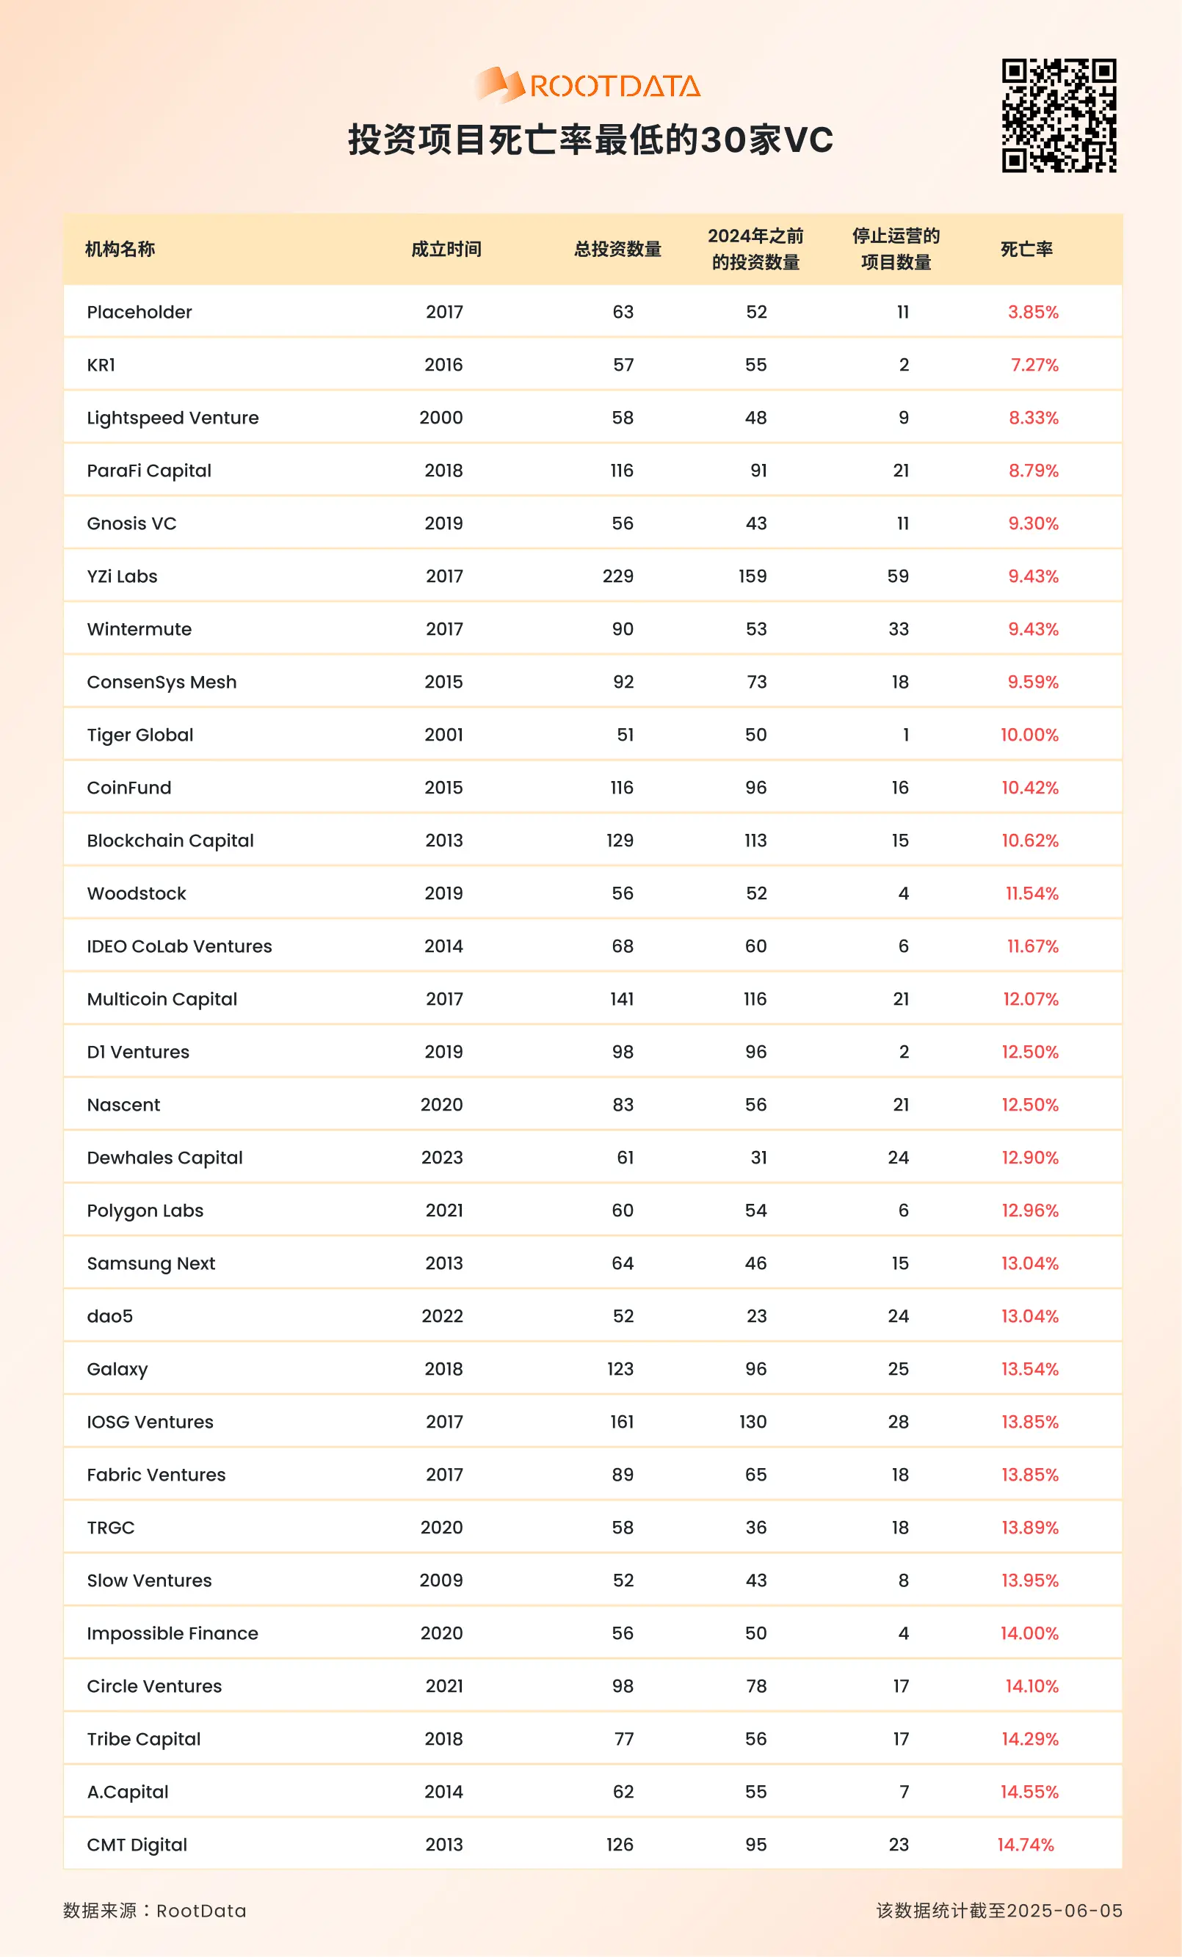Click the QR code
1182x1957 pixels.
(1059, 115)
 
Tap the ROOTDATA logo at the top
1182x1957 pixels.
(589, 85)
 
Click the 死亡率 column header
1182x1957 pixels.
(1026, 250)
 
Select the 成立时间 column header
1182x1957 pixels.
(446, 250)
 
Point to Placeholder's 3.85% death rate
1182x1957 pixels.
(1033, 312)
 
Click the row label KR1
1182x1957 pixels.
(101, 366)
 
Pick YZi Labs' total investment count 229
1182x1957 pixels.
(618, 577)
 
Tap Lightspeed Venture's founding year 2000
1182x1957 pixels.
(441, 418)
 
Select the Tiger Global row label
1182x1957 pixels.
(139, 736)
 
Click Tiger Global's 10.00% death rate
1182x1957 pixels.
(1029, 736)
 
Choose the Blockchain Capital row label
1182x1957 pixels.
(170, 841)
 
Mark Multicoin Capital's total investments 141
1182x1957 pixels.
(622, 999)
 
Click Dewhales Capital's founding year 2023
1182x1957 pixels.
(442, 1158)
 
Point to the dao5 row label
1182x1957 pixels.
(109, 1317)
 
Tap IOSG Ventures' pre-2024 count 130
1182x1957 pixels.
(753, 1423)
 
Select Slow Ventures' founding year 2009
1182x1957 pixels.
(441, 1580)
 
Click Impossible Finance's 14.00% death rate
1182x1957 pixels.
(1029, 1634)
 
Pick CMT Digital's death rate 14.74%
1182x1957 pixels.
(1026, 1845)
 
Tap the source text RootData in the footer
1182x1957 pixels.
(201, 1911)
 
